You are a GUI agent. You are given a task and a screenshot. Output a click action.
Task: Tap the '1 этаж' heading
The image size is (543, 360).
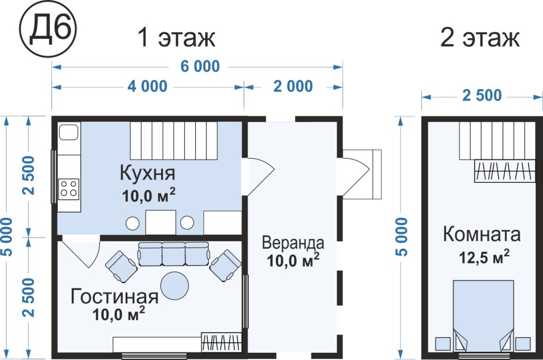[176, 38]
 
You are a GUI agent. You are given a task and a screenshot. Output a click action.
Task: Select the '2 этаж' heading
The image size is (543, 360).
[480, 38]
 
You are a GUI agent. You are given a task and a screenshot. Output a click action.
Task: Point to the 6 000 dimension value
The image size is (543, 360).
[198, 66]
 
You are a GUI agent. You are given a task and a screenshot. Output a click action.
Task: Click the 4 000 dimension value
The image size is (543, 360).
[147, 87]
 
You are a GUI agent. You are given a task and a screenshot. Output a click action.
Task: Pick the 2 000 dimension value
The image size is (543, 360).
[292, 87]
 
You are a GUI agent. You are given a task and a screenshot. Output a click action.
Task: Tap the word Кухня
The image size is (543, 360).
[147, 174]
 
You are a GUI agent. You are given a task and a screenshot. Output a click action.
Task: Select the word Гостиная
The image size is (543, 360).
[115, 296]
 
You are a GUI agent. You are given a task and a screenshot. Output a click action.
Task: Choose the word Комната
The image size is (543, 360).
[482, 235]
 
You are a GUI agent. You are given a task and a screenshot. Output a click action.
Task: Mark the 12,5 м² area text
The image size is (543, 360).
[484, 257]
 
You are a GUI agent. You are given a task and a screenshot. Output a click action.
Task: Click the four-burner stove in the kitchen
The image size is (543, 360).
[69, 189]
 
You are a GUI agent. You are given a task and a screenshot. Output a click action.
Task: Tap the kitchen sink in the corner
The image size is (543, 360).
[69, 133]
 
